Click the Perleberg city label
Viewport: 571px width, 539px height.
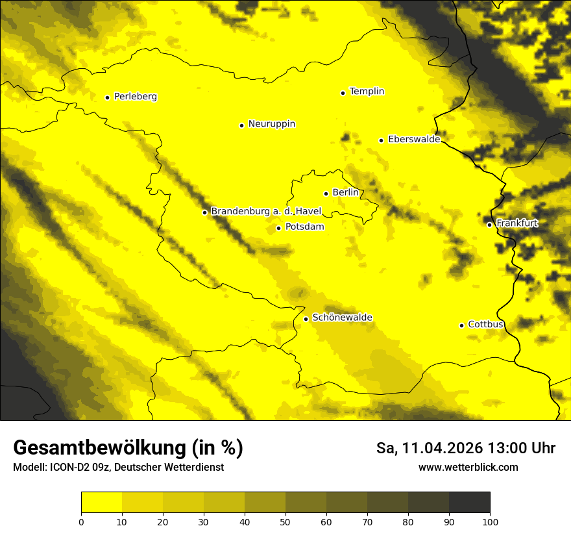[x=135, y=97]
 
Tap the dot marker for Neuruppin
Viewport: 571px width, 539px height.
[x=241, y=125]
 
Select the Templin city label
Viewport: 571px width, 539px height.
[x=367, y=92]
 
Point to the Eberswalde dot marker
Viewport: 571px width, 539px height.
[x=381, y=140]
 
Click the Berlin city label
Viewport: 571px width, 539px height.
[x=345, y=193]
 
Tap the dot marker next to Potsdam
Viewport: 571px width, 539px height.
[x=278, y=228]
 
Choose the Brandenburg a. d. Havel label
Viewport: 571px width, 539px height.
[x=266, y=212]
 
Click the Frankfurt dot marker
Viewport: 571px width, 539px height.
[x=489, y=225]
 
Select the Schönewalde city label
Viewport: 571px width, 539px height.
[x=342, y=318]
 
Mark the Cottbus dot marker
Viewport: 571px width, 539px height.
[x=461, y=325]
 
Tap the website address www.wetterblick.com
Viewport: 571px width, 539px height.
[x=468, y=468]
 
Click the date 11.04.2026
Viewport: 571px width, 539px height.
[x=441, y=448]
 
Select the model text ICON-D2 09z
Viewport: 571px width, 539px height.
[x=77, y=468]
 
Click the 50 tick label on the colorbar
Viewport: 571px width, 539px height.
[x=285, y=521]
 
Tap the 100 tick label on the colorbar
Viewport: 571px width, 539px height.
[x=490, y=521]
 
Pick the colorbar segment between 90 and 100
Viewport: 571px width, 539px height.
[x=469, y=503]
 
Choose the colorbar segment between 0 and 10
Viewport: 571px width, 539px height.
[x=101, y=503]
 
